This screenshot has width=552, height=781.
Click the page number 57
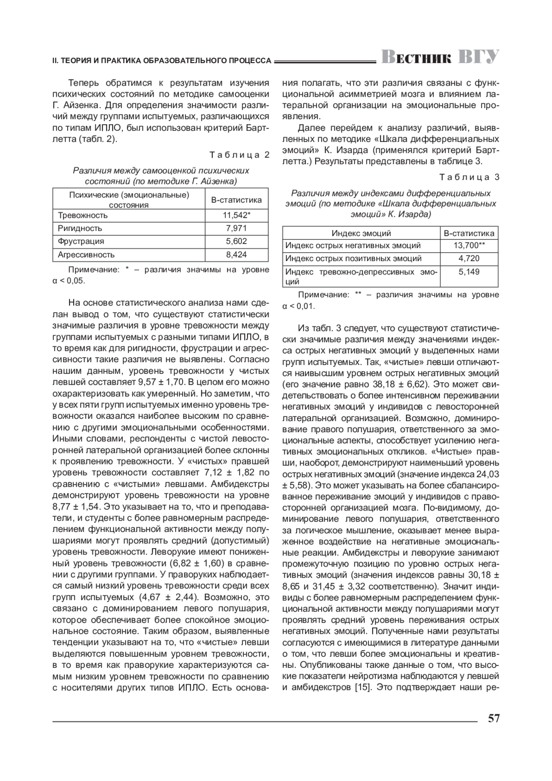tap(493, 718)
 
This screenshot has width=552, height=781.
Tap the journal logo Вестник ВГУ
tap(440, 58)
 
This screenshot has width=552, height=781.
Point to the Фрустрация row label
tap(81, 241)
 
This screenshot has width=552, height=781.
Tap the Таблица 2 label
tap(239, 155)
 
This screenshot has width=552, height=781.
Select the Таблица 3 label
tap(469, 177)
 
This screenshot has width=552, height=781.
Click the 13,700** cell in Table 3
tap(469, 245)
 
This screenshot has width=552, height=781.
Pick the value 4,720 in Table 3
tap(469, 258)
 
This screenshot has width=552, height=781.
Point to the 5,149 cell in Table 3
tap(469, 272)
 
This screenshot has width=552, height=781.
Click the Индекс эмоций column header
tap(361, 233)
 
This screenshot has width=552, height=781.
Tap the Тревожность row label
tap(83, 215)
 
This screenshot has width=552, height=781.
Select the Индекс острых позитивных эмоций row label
tap(353, 258)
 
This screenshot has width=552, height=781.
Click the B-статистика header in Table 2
tap(236, 200)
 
